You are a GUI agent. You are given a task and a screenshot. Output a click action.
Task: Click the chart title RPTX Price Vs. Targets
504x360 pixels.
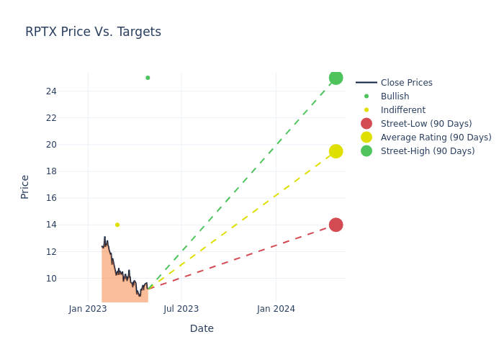click(93, 32)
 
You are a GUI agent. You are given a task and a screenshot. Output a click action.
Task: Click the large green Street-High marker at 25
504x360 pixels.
click(336, 78)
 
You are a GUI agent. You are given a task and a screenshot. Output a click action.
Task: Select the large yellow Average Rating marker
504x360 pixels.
click(336, 151)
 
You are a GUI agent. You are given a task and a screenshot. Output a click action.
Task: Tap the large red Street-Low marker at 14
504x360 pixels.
click(336, 225)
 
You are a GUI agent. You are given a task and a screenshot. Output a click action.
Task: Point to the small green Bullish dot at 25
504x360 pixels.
click(148, 78)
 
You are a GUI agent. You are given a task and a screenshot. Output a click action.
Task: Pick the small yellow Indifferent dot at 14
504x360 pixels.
click(117, 225)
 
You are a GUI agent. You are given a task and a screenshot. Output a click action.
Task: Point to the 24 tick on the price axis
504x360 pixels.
click(51, 91)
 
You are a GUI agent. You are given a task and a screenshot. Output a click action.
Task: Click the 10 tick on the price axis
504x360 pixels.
click(51, 279)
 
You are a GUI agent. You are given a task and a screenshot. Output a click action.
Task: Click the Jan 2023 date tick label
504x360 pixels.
click(88, 309)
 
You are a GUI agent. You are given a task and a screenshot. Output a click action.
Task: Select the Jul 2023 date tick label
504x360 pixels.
click(181, 309)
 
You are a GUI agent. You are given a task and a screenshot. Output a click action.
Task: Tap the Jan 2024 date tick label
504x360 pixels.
click(276, 309)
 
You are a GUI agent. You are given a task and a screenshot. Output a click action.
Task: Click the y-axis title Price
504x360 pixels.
click(25, 186)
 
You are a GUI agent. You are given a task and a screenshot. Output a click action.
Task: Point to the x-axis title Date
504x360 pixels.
click(202, 329)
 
